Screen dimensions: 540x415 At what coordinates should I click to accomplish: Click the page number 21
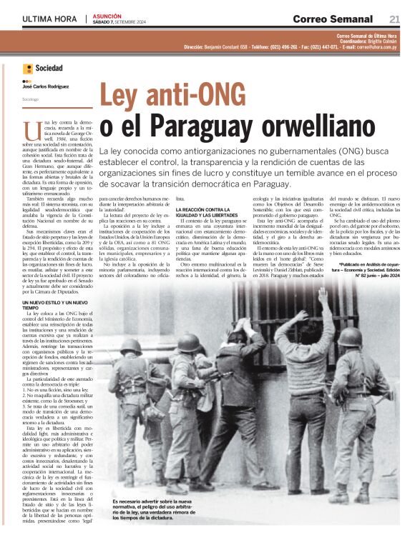pos(394,19)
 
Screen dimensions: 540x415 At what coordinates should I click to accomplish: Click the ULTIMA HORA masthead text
pos(49,19)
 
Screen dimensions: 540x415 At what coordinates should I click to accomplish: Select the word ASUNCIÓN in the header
pos(106,15)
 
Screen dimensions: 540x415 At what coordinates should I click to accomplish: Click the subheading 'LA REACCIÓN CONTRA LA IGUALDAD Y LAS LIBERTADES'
pos(206,211)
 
